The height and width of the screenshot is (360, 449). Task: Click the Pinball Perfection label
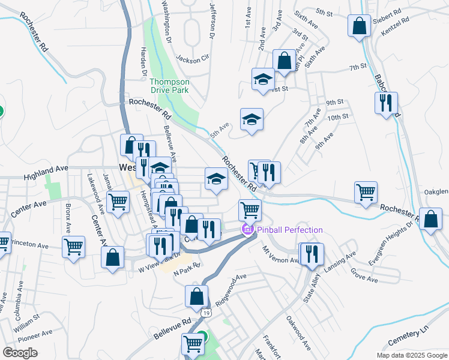pos(290,230)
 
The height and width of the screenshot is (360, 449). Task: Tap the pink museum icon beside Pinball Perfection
pos(247,229)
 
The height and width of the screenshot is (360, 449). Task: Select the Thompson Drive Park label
pos(169,86)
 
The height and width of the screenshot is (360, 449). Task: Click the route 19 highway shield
pos(206,313)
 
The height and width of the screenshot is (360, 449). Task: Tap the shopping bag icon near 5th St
pos(359,26)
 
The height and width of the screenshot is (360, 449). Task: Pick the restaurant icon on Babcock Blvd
pos(385,103)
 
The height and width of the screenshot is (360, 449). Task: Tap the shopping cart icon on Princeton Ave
pos(73,246)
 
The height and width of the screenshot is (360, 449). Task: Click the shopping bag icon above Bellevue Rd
pos(196,296)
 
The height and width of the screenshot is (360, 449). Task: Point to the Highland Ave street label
pos(43,177)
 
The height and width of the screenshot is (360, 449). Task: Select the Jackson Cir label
pos(192,58)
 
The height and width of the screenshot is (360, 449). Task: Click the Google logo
pos(20,353)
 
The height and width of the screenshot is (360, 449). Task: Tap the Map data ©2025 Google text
pos(411,355)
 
